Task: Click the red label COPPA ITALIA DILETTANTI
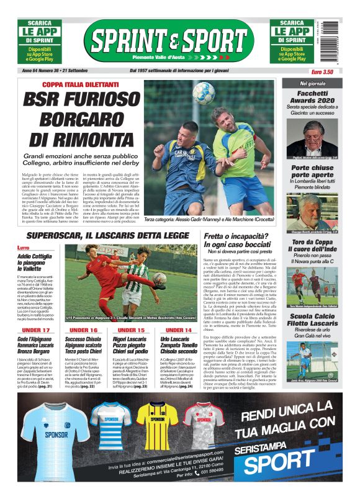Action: [x=79, y=84]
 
